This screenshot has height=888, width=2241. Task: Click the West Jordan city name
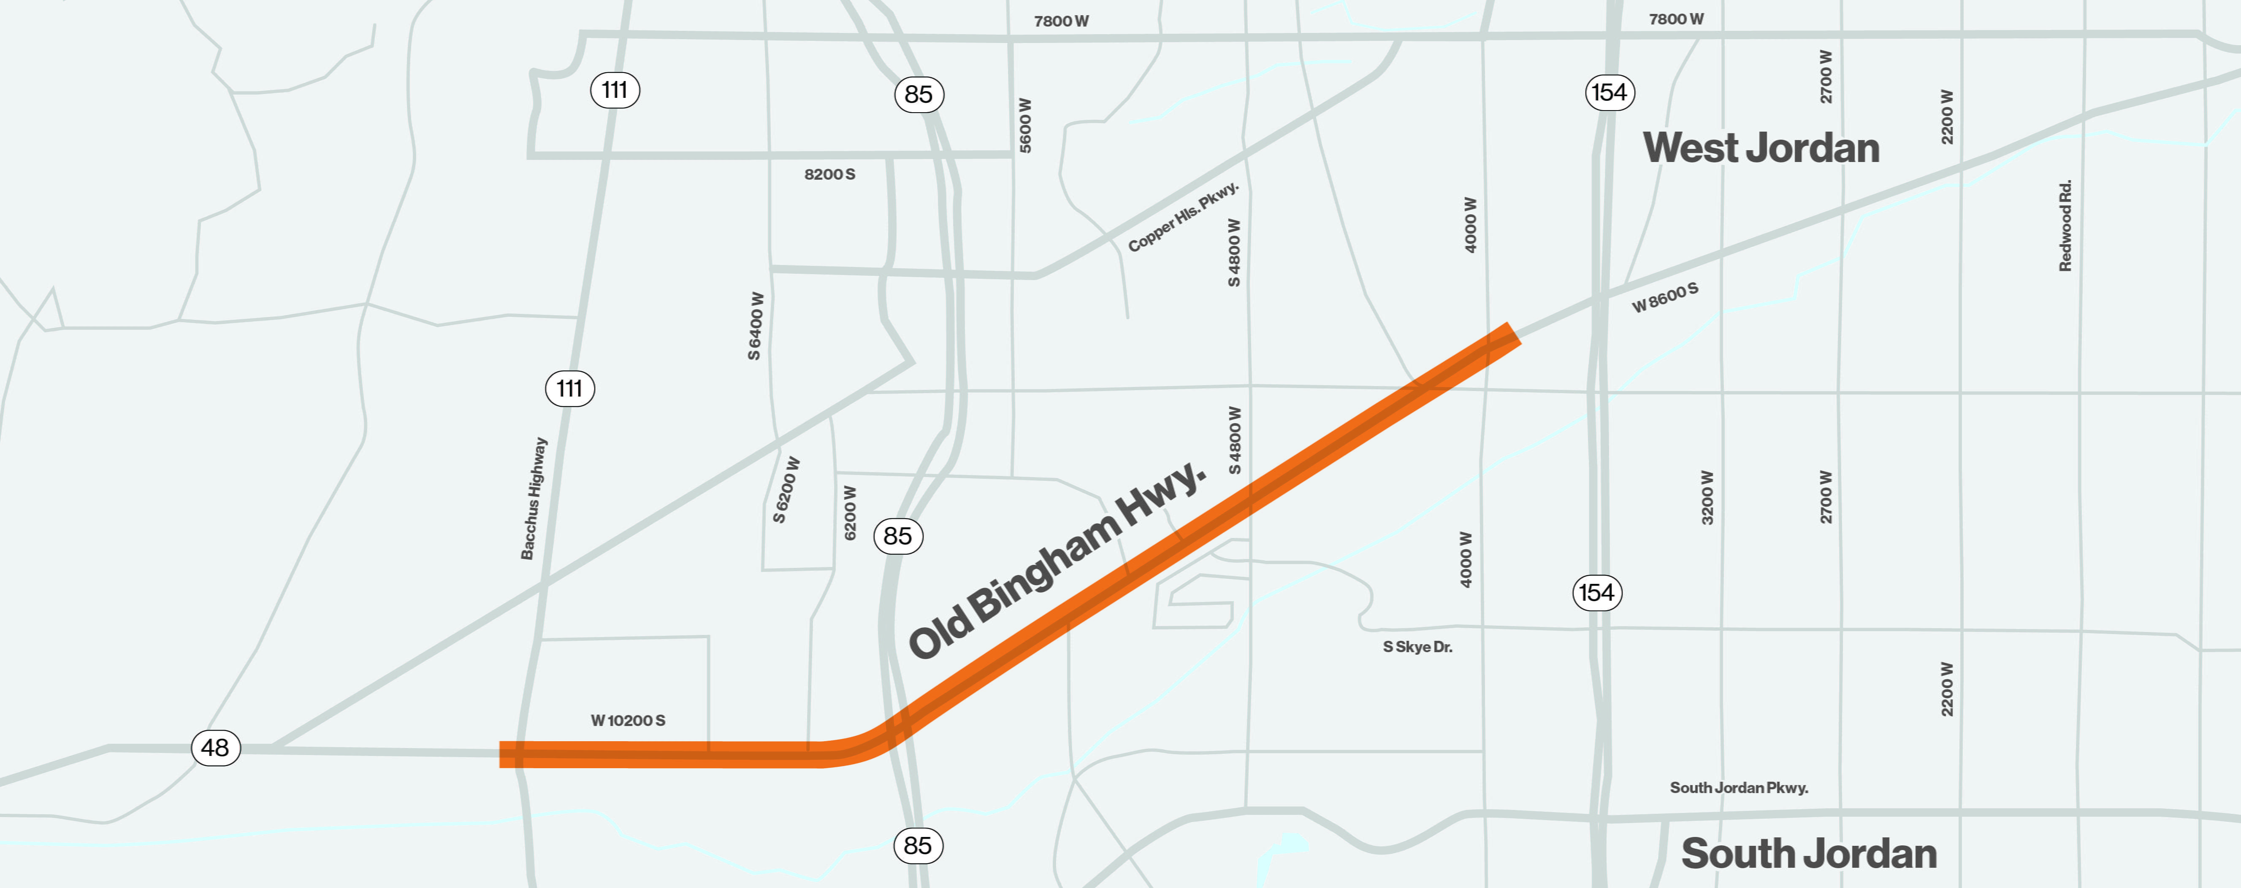[1761, 148]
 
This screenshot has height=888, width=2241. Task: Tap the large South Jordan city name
[1809, 853]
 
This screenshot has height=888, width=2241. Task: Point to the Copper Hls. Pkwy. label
[1183, 217]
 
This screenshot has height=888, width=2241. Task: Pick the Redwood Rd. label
[2065, 226]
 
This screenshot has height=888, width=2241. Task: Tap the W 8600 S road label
[1664, 297]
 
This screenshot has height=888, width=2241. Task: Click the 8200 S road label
[829, 174]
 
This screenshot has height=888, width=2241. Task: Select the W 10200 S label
[627, 720]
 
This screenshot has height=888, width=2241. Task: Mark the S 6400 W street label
[755, 326]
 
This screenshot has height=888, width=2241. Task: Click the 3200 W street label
[1707, 497]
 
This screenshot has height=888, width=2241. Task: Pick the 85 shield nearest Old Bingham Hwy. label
[898, 536]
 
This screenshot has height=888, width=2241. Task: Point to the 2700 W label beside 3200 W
[1825, 497]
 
